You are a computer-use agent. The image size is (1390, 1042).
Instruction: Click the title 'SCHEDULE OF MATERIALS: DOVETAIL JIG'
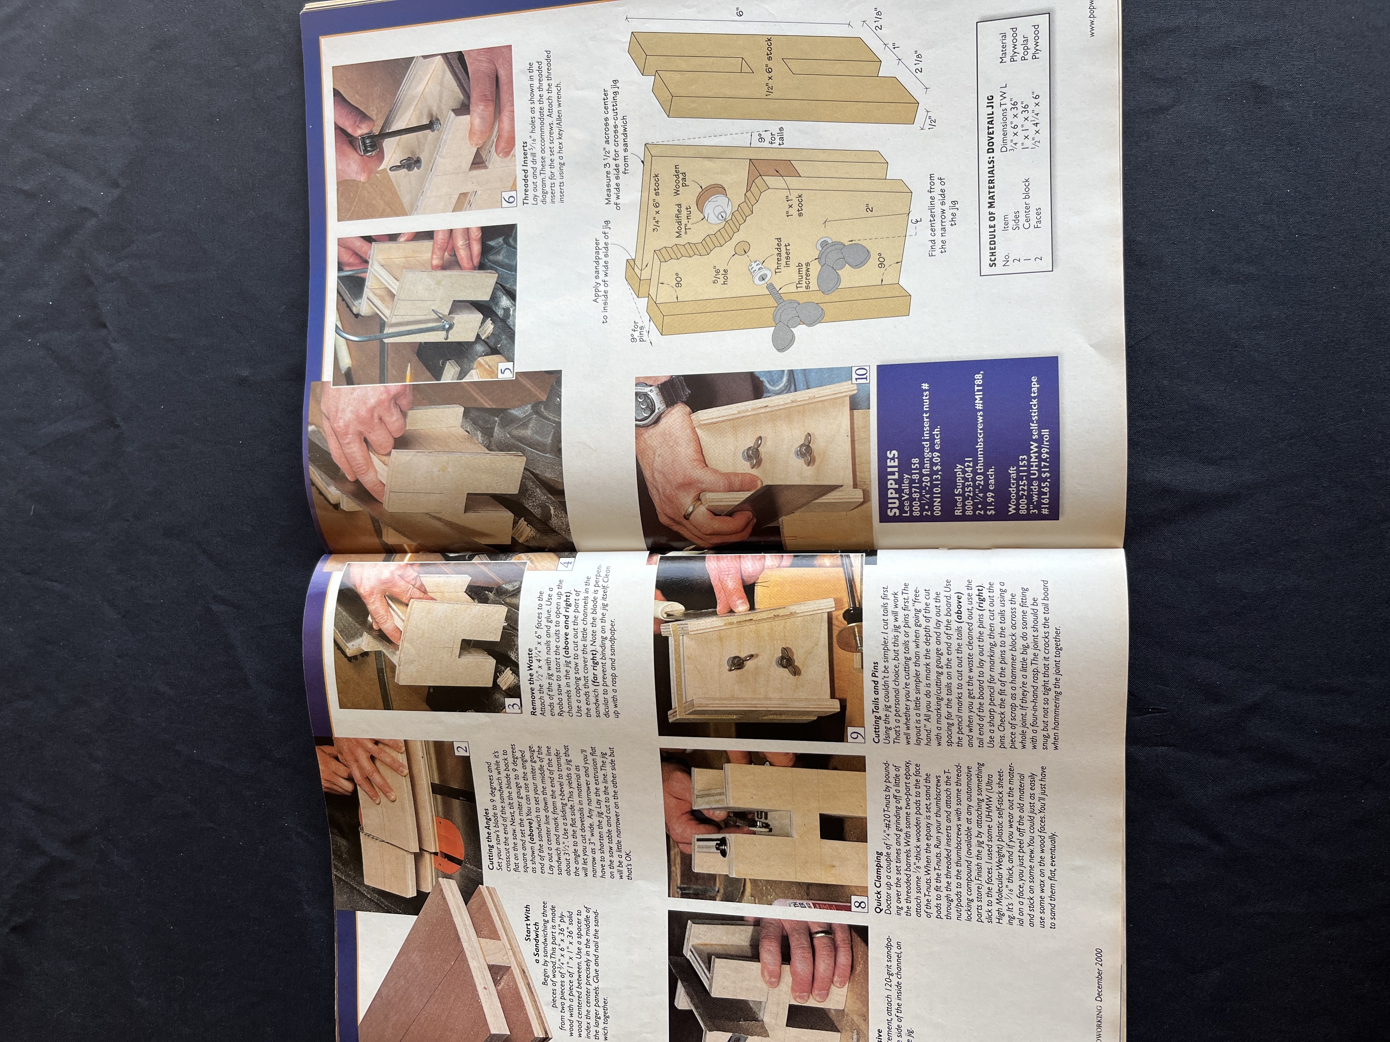993,181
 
